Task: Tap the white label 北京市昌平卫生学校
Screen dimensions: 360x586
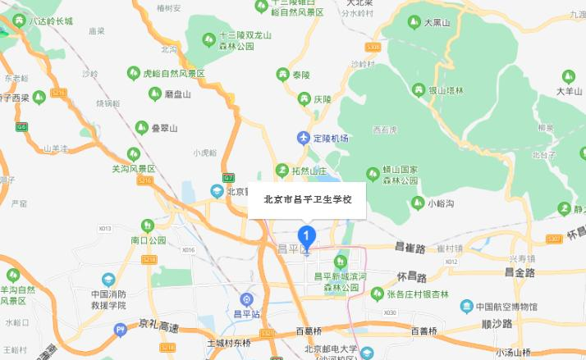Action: (x=306, y=199)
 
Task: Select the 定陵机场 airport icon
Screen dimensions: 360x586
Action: (x=304, y=138)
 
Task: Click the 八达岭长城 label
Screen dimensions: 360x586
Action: (x=50, y=20)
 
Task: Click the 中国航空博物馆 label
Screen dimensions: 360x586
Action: (x=503, y=307)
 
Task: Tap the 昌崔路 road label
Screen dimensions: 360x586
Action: (x=410, y=246)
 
